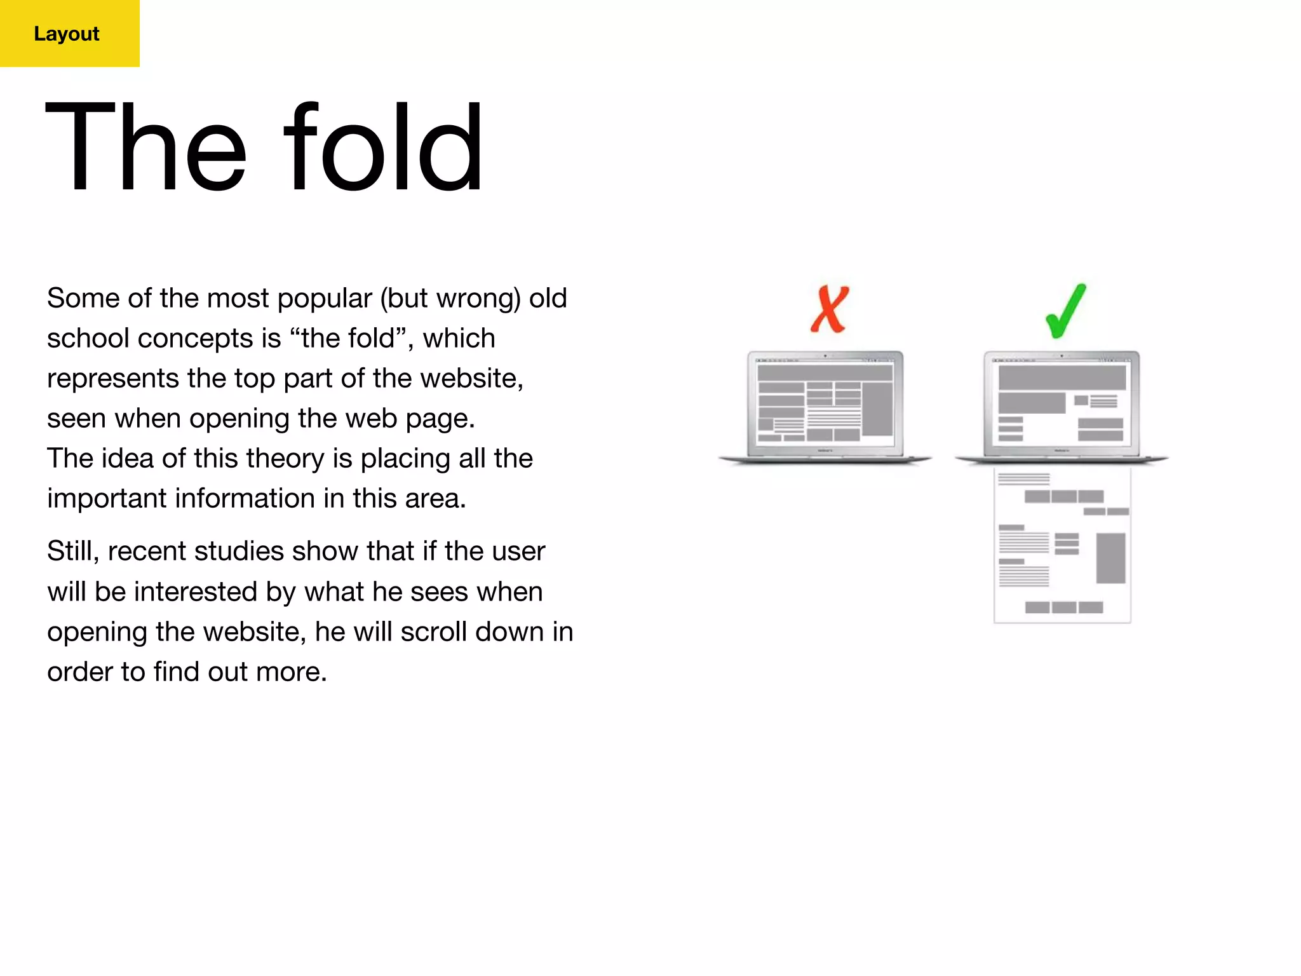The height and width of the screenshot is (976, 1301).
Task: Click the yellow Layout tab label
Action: click(67, 34)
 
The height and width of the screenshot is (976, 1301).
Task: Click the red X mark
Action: click(830, 309)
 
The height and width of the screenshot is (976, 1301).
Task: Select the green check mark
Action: click(1066, 311)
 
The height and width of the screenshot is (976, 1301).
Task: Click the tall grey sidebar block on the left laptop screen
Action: click(877, 409)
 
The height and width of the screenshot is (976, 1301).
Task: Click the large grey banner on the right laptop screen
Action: click(1062, 378)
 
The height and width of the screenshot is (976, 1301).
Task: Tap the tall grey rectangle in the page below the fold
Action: click(1110, 558)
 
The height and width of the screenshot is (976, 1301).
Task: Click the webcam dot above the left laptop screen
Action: click(825, 356)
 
